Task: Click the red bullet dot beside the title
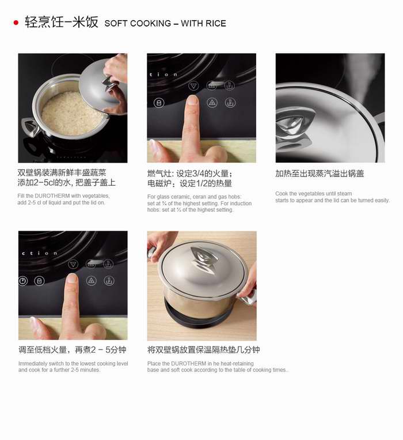coord(16,22)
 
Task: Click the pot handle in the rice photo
coord(30,127)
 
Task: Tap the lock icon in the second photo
coord(159,103)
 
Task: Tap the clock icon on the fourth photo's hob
coord(22,281)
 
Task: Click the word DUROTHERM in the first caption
coord(52,196)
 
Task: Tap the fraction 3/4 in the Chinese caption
coord(197,174)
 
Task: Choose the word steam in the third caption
coord(344,194)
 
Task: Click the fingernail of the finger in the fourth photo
coord(72,278)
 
